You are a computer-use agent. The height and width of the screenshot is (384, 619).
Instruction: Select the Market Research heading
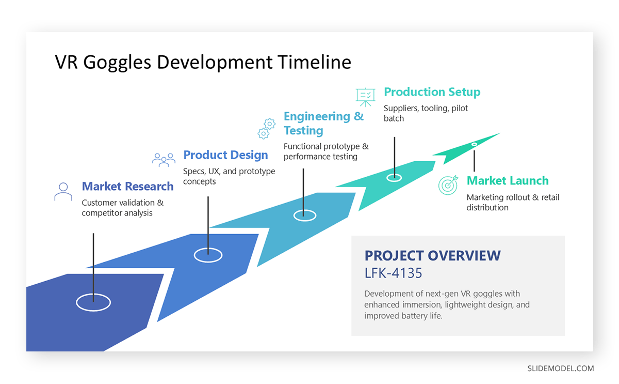(x=127, y=186)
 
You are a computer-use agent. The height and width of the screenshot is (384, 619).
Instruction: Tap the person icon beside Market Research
(x=63, y=191)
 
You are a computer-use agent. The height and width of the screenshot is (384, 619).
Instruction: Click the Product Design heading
(x=225, y=155)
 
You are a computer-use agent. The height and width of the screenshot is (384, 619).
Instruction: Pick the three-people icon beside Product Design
(x=164, y=159)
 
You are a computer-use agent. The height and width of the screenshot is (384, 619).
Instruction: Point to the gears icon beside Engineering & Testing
(x=266, y=129)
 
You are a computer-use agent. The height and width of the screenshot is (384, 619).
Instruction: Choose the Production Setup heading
(x=432, y=92)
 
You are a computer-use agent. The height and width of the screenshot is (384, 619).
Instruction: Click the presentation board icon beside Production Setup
(x=365, y=97)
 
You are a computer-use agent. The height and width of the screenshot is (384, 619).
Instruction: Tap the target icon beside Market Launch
(x=448, y=185)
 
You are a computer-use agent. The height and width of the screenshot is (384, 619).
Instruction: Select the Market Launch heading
(x=507, y=181)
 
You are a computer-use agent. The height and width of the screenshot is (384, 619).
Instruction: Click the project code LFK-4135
(x=393, y=272)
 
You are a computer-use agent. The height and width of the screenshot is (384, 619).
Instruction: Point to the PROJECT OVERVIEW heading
(x=432, y=255)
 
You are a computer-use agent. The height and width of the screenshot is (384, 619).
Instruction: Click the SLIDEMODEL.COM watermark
(x=560, y=368)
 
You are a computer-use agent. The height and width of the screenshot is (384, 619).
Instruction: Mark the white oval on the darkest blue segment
(x=93, y=303)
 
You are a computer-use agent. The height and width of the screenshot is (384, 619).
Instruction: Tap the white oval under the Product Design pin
(x=208, y=254)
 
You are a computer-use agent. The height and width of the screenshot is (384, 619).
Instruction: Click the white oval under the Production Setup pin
(x=394, y=177)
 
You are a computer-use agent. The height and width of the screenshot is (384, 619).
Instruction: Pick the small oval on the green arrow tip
(x=474, y=144)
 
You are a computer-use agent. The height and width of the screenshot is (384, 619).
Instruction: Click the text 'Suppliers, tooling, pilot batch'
(x=426, y=113)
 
